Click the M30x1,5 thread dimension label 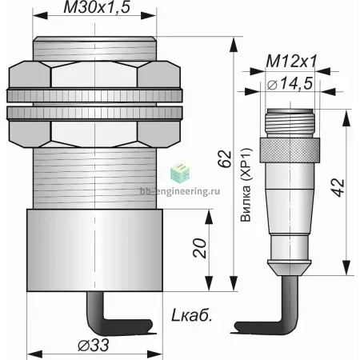97,7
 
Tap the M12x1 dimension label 291,62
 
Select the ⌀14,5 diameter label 290,84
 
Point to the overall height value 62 225,159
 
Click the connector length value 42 339,188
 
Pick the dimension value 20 200,248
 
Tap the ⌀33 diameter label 94,346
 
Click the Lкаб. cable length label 191,316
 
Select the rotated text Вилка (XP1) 246,185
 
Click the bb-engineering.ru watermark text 180,191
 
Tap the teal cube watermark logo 180,174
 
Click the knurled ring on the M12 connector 290,150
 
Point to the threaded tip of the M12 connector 290,123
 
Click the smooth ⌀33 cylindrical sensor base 94,250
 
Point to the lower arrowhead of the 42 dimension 346,267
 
